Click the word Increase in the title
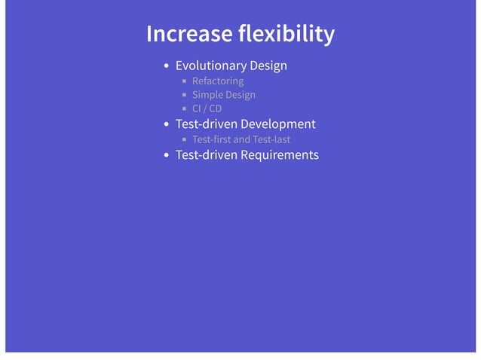point(188,34)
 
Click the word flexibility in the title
point(286,34)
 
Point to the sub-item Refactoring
point(218,81)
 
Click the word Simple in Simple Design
point(207,95)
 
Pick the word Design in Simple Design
point(240,95)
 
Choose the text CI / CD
point(207,108)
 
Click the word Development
point(277,124)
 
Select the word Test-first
point(212,139)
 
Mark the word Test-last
point(272,139)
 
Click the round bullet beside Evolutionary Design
point(166,66)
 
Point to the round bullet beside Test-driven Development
point(166,125)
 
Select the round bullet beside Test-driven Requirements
point(166,156)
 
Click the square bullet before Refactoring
point(184,81)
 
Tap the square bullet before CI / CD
point(184,109)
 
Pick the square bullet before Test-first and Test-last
point(184,140)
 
